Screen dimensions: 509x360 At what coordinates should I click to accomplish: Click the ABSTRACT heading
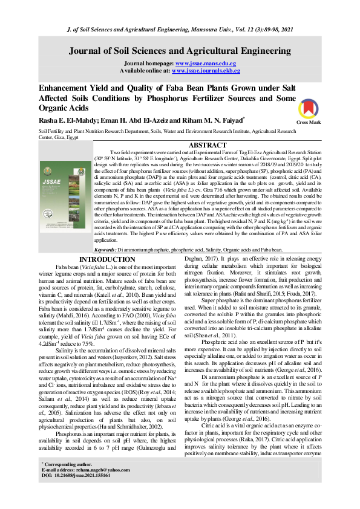pyautogui.click(x=208, y=146)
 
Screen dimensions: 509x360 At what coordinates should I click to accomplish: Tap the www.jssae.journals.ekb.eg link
pyautogui.click(x=206, y=71)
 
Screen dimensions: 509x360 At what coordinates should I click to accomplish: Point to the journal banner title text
pyautogui.click(x=180, y=51)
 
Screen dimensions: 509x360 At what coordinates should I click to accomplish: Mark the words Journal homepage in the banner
pyautogui.click(x=148, y=63)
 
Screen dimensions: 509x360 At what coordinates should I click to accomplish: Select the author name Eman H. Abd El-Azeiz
pyautogui.click(x=131, y=120)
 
